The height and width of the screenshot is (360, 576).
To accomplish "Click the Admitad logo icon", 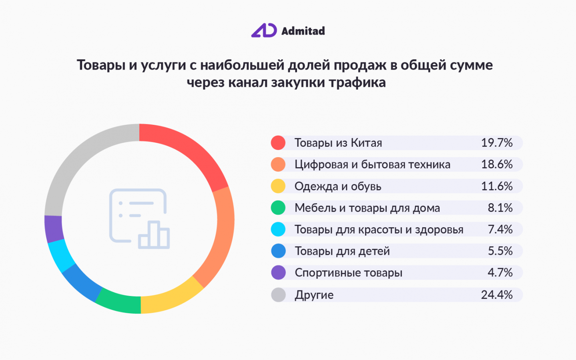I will click(x=264, y=30).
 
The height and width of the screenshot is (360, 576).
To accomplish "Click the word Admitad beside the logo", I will click(x=303, y=31).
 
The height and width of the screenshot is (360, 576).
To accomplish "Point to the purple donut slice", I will click(x=54, y=229).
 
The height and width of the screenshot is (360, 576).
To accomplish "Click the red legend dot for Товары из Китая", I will click(x=278, y=143).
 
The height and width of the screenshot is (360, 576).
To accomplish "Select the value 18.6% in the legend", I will click(x=496, y=164).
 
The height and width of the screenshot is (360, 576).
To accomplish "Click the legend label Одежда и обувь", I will click(x=338, y=186).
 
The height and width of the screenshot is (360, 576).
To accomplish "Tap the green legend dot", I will click(x=278, y=208).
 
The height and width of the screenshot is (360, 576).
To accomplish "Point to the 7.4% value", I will click(x=500, y=230).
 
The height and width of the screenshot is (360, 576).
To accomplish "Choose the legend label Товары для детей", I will click(x=342, y=251).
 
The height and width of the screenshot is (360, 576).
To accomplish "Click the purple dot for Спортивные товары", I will click(x=278, y=273).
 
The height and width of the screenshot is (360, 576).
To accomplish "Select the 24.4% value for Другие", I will click(x=496, y=295).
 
